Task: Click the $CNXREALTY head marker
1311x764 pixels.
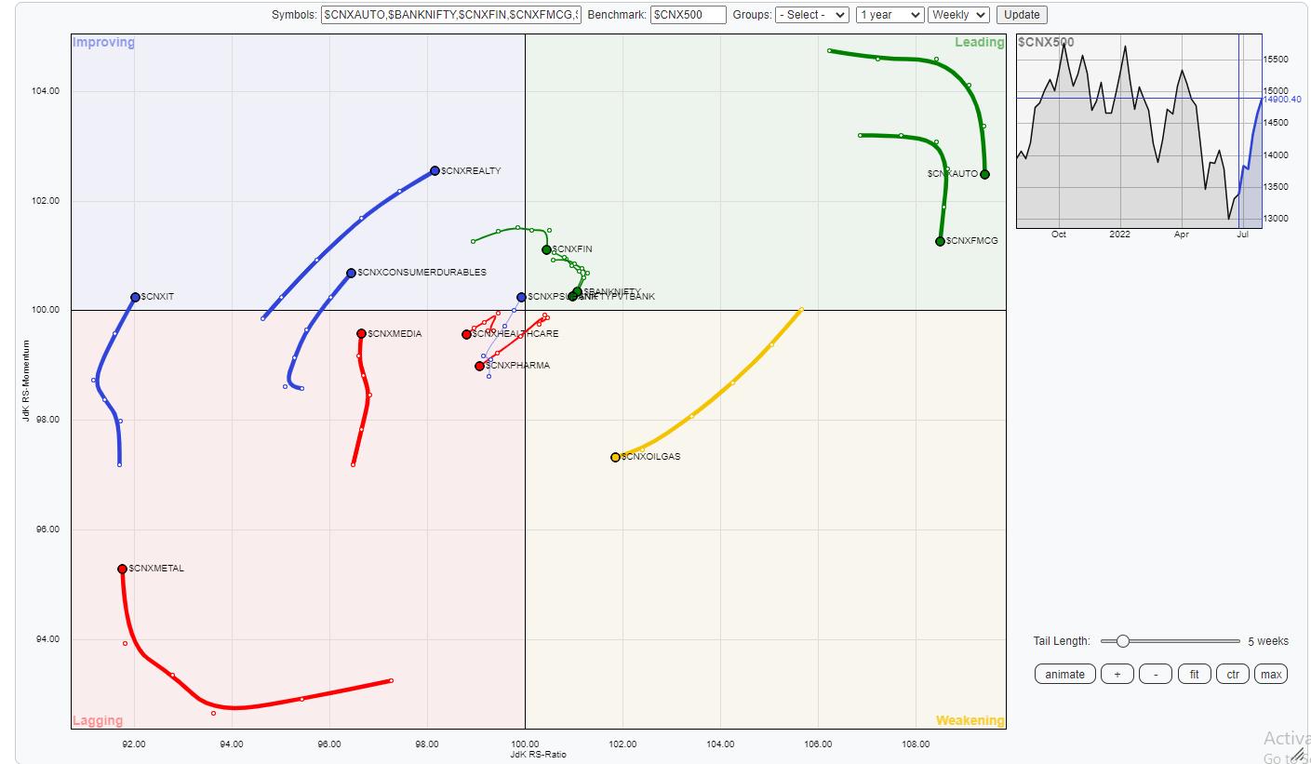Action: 435,171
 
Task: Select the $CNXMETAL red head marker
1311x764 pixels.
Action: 122,570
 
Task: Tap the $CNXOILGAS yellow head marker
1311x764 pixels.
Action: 615,457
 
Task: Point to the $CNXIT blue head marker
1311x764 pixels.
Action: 135,298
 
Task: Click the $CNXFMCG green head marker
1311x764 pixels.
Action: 940,242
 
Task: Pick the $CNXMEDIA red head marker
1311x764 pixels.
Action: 361,334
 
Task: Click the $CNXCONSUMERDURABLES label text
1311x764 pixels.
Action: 421,273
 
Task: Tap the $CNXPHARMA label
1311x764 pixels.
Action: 517,366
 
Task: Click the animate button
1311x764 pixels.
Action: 1064,675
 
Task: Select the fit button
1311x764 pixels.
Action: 1194,675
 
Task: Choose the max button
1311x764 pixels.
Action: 1270,675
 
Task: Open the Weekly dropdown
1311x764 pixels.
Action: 957,15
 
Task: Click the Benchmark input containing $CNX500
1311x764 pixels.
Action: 688,15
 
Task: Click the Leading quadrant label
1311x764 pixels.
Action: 979,43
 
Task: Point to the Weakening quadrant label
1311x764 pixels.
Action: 970,720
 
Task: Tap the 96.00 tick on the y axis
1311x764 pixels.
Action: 47,529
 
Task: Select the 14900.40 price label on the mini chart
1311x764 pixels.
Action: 1282,100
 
